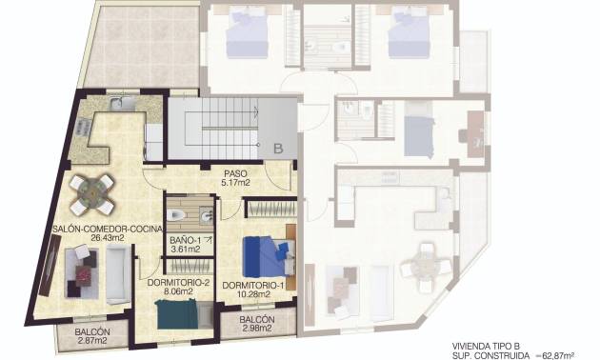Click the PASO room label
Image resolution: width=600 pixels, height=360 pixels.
click(235, 173)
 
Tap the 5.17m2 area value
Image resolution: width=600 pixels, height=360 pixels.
click(235, 182)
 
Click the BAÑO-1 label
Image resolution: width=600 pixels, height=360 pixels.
click(186, 240)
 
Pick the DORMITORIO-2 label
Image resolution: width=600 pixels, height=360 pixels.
click(178, 283)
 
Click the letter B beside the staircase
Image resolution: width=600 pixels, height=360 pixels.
click(278, 149)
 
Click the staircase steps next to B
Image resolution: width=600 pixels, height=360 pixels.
click(218, 130)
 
